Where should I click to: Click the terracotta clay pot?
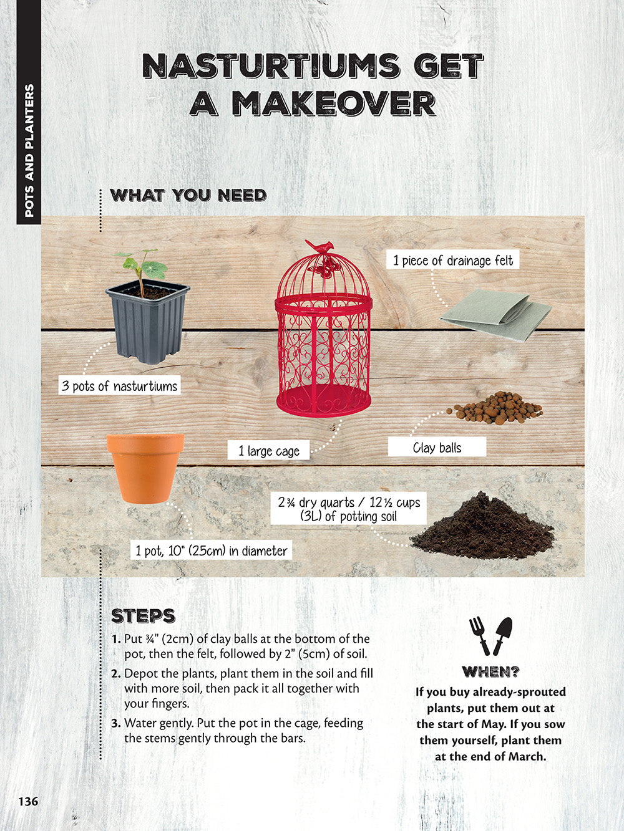(x=145, y=468)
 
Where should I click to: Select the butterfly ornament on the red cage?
(x=324, y=267)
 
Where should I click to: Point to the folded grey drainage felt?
(x=495, y=315)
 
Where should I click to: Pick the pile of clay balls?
(x=495, y=408)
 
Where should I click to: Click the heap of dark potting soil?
(x=483, y=526)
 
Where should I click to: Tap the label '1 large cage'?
(x=268, y=451)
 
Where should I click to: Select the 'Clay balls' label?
(x=437, y=447)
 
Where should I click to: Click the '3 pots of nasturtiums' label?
(x=119, y=385)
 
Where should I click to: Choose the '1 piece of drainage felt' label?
(x=453, y=260)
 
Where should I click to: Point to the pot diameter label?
(x=212, y=550)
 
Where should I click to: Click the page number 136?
(x=29, y=801)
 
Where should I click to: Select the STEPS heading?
(x=144, y=616)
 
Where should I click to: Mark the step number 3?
(x=116, y=723)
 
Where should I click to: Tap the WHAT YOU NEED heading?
(x=188, y=195)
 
